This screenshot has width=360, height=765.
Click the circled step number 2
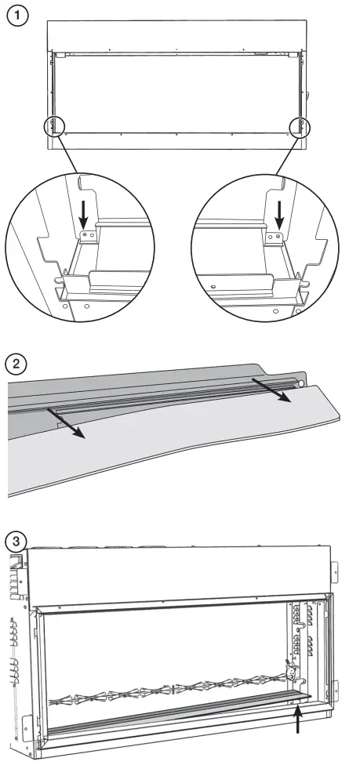click(x=16, y=364)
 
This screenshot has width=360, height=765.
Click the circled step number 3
click(x=16, y=541)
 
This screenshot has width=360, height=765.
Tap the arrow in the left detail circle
click(x=84, y=215)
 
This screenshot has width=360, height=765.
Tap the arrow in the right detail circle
click(x=279, y=215)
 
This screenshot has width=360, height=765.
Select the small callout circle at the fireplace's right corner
click(x=300, y=127)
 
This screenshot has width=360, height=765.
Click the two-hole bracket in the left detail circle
click(x=89, y=236)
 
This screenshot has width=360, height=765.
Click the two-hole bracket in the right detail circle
click(x=274, y=236)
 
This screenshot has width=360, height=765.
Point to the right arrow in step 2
click(x=271, y=390)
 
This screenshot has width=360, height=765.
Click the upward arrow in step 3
click(x=297, y=719)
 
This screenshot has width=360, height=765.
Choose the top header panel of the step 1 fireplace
click(x=176, y=35)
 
